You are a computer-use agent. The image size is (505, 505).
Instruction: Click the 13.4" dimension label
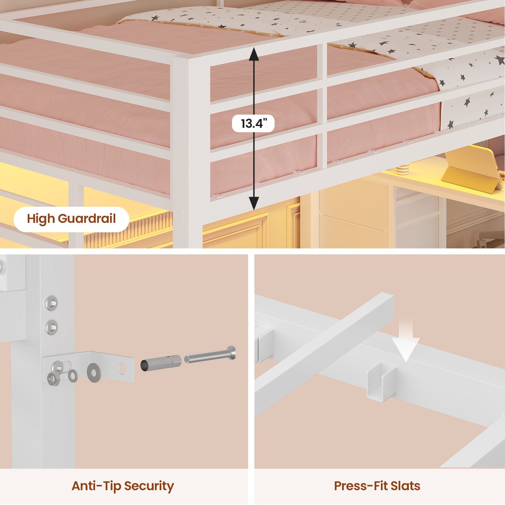253,123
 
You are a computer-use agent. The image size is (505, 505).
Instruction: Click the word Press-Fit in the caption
359,486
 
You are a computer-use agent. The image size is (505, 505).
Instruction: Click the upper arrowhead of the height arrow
253,54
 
